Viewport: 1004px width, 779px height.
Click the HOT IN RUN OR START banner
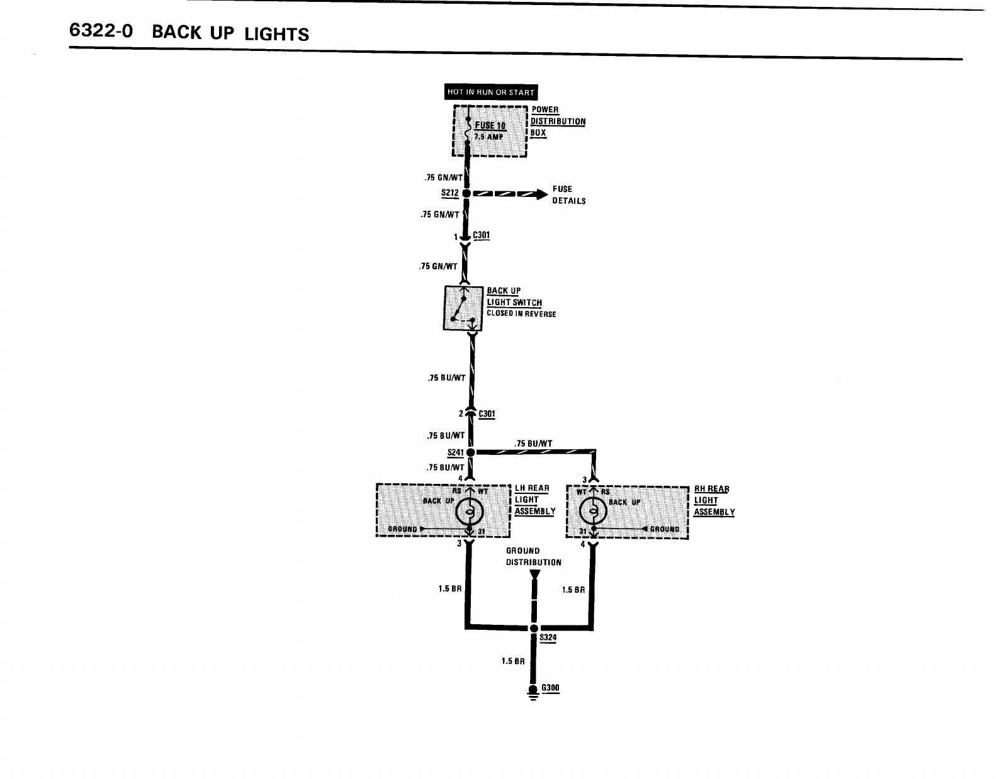(x=490, y=92)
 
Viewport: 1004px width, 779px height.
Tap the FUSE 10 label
(x=490, y=126)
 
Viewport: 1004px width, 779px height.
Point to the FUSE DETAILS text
(x=568, y=194)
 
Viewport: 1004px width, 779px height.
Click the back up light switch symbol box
(x=463, y=308)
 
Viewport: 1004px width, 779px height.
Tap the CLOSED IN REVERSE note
(x=521, y=314)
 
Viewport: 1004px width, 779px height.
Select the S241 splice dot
(x=470, y=452)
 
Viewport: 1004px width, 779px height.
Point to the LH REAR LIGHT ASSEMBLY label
(x=534, y=500)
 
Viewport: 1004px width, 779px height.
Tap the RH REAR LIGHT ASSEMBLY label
(x=714, y=500)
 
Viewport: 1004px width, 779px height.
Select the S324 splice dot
(x=534, y=627)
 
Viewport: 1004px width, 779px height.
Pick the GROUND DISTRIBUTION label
(x=533, y=556)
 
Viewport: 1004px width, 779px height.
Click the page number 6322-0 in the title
(x=101, y=31)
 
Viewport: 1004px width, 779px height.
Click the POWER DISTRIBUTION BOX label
(x=557, y=121)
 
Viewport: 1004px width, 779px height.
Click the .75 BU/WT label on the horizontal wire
(x=533, y=444)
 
